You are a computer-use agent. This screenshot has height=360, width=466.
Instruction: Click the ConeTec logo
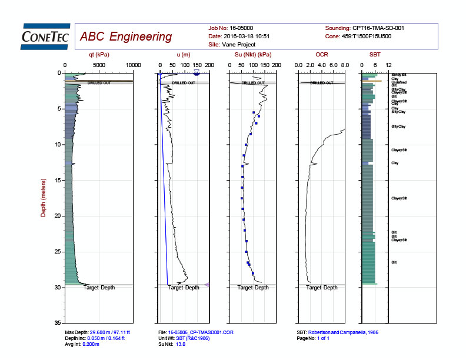pyautogui.click(x=45, y=36)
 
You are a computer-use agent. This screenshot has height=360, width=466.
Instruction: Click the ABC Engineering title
pyautogui.click(x=126, y=37)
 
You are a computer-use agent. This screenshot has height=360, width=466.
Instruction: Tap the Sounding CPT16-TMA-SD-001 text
pyautogui.click(x=364, y=28)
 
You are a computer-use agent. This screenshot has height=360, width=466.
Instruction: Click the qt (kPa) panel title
pyautogui.click(x=99, y=55)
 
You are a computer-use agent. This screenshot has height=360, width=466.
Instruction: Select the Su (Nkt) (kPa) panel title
pyautogui.click(x=252, y=55)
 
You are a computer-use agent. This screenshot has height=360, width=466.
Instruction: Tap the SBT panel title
pyautogui.click(x=375, y=55)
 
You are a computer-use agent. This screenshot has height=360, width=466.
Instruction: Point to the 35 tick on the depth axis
pyautogui.click(x=58, y=324)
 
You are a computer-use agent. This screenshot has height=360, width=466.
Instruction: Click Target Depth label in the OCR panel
pyautogui.click(x=322, y=288)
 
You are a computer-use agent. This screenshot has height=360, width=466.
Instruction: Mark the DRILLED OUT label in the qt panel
pyautogui.click(x=99, y=83)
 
